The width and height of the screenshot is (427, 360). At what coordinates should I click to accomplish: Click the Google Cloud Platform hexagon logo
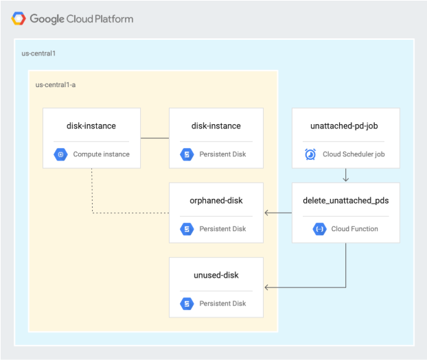click(18, 19)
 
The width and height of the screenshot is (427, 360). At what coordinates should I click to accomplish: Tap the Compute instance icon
click(61, 154)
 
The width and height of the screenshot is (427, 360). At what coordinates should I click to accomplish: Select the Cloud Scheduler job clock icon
click(310, 154)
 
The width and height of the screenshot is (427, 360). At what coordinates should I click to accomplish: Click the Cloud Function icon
click(319, 229)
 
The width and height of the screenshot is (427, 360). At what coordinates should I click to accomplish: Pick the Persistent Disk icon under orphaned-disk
click(187, 229)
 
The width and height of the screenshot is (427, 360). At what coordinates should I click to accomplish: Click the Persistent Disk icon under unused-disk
click(187, 303)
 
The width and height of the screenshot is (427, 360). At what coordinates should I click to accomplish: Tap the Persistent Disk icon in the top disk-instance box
click(187, 154)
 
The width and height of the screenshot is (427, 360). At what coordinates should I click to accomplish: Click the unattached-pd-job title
click(345, 125)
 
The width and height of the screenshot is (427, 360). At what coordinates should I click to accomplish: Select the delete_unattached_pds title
click(345, 200)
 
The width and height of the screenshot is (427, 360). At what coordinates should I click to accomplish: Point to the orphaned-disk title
click(216, 200)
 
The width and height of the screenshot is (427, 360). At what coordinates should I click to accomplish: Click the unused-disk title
click(216, 275)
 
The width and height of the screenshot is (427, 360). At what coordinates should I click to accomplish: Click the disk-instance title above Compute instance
click(91, 125)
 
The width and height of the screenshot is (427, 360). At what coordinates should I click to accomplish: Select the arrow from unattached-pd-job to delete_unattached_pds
click(345, 176)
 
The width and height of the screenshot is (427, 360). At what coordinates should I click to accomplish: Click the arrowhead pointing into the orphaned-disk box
click(267, 213)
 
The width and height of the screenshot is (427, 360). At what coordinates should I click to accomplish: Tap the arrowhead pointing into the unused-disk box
click(267, 287)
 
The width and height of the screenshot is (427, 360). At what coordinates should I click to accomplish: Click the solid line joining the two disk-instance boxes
click(154, 139)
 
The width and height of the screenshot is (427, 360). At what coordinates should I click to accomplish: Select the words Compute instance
click(101, 154)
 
